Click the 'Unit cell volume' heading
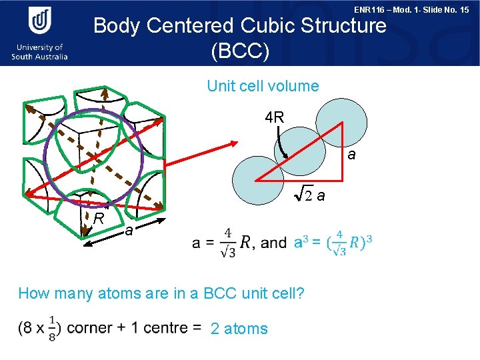(263, 86)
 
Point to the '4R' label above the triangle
(275, 118)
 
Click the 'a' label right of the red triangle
(352, 155)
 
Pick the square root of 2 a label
(309, 195)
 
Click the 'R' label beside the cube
(98, 218)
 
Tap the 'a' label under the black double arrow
(129, 231)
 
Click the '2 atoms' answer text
(239, 329)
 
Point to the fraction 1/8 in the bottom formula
(51, 329)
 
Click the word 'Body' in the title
(117, 26)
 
